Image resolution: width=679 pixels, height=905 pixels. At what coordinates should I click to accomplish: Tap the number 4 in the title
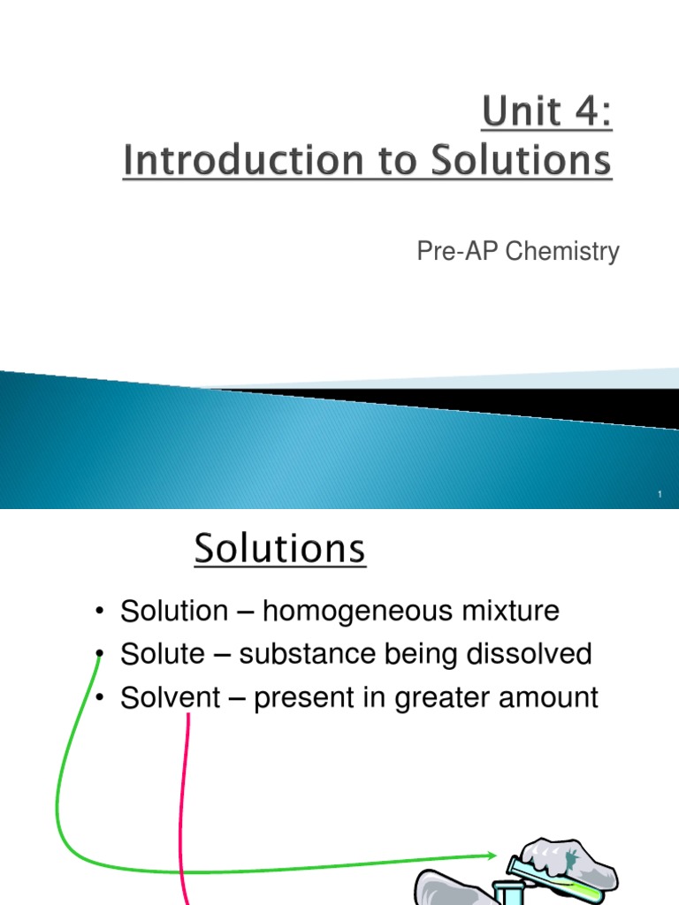coord(588,114)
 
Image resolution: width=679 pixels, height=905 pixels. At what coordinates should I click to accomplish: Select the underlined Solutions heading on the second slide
coord(279,550)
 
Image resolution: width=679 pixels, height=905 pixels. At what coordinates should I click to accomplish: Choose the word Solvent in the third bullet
coord(170,698)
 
